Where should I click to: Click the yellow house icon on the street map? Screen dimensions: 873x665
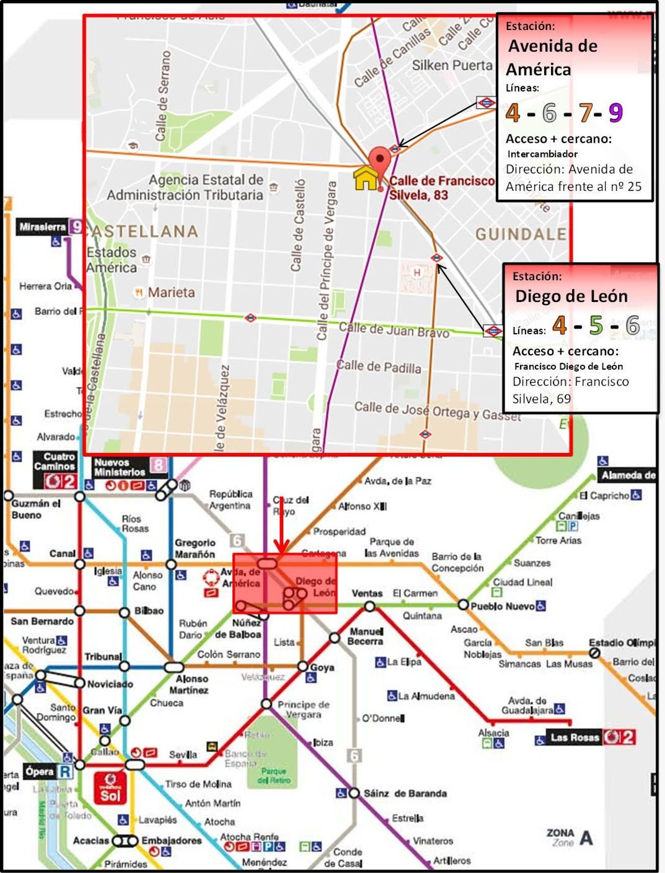click(365, 178)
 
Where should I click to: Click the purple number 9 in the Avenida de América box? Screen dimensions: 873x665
click(615, 112)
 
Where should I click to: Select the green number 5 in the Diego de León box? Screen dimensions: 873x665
click(596, 325)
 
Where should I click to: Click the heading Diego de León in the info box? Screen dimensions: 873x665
click(571, 296)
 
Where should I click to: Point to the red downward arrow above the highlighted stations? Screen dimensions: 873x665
click(281, 532)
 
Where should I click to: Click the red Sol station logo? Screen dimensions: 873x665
click(110, 788)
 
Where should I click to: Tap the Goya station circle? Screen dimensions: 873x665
click(303, 666)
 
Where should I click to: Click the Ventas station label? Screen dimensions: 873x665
click(367, 593)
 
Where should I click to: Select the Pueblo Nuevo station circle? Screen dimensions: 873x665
click(463, 605)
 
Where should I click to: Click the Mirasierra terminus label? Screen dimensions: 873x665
click(43, 227)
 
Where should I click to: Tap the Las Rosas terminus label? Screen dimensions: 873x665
click(575, 737)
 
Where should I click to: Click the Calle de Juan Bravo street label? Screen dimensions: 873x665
click(394, 330)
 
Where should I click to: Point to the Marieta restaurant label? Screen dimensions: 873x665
click(171, 292)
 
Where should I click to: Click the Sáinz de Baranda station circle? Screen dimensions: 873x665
click(354, 793)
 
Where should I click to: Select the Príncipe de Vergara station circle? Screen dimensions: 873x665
click(266, 704)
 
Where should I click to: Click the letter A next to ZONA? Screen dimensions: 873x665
click(586, 838)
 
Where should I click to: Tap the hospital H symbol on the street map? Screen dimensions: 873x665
click(417, 272)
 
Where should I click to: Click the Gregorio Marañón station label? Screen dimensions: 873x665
click(195, 548)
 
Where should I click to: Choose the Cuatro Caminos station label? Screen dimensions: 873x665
click(55, 462)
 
